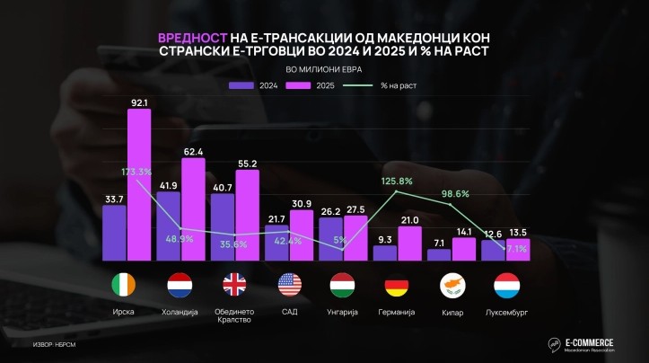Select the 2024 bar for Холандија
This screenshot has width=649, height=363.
point(169,226)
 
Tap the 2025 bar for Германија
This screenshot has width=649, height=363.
point(409,243)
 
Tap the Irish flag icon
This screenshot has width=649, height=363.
point(127,286)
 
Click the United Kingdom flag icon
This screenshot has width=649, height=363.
point(234,286)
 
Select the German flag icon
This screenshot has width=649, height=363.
point(397,286)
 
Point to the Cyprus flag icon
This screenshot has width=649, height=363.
point(452,286)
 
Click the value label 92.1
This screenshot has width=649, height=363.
point(139,103)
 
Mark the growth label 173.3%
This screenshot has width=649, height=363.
point(136,171)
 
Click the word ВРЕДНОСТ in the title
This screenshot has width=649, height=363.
point(190,39)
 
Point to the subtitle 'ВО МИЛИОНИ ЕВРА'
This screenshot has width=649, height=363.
point(324,69)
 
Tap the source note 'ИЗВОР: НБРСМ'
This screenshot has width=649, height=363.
point(53,344)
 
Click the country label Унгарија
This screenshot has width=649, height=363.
point(342,312)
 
